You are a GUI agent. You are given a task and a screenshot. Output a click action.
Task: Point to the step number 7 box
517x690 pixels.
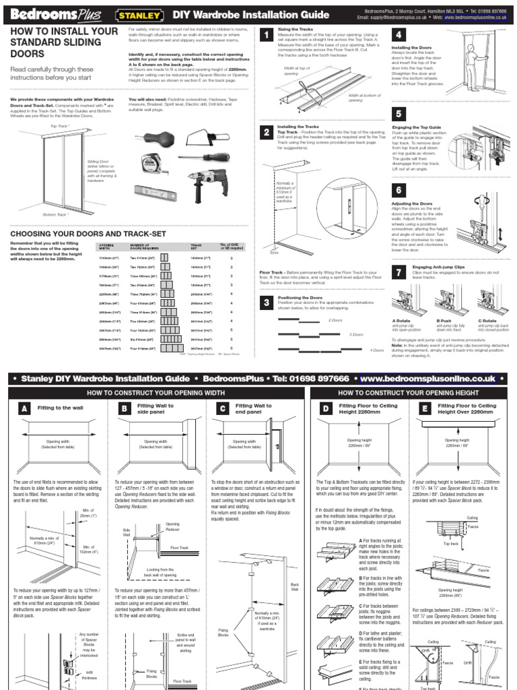click(x=399, y=271)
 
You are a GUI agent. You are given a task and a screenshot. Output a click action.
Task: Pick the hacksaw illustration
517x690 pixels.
click(x=204, y=140)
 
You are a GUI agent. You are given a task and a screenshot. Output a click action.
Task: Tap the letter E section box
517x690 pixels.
click(x=425, y=410)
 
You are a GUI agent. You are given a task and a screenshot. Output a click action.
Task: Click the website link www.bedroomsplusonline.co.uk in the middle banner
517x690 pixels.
click(x=429, y=379)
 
